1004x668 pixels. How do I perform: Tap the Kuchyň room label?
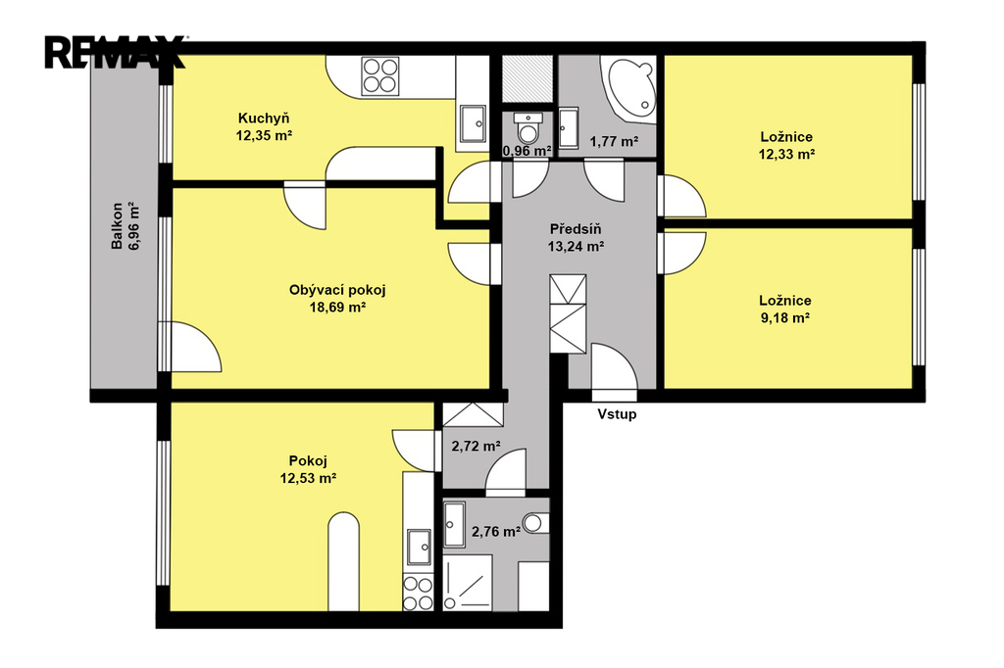[264, 119]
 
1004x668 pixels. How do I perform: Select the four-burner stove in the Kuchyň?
[380, 76]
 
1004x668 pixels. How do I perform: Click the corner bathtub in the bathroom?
[628, 89]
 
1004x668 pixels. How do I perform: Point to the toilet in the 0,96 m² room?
[528, 128]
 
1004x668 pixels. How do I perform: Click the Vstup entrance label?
[618, 414]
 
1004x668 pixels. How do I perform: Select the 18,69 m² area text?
[337, 308]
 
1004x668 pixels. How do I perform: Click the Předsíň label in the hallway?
[576, 229]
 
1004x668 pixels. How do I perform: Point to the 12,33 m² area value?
[786, 154]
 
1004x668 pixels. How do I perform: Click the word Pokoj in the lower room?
[308, 460]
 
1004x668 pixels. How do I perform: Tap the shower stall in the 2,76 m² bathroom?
[468, 582]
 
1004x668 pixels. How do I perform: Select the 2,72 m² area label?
[476, 446]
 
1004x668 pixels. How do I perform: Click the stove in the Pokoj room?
[418, 593]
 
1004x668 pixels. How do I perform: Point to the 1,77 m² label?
[614, 141]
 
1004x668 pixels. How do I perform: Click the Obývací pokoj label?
[337, 290]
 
